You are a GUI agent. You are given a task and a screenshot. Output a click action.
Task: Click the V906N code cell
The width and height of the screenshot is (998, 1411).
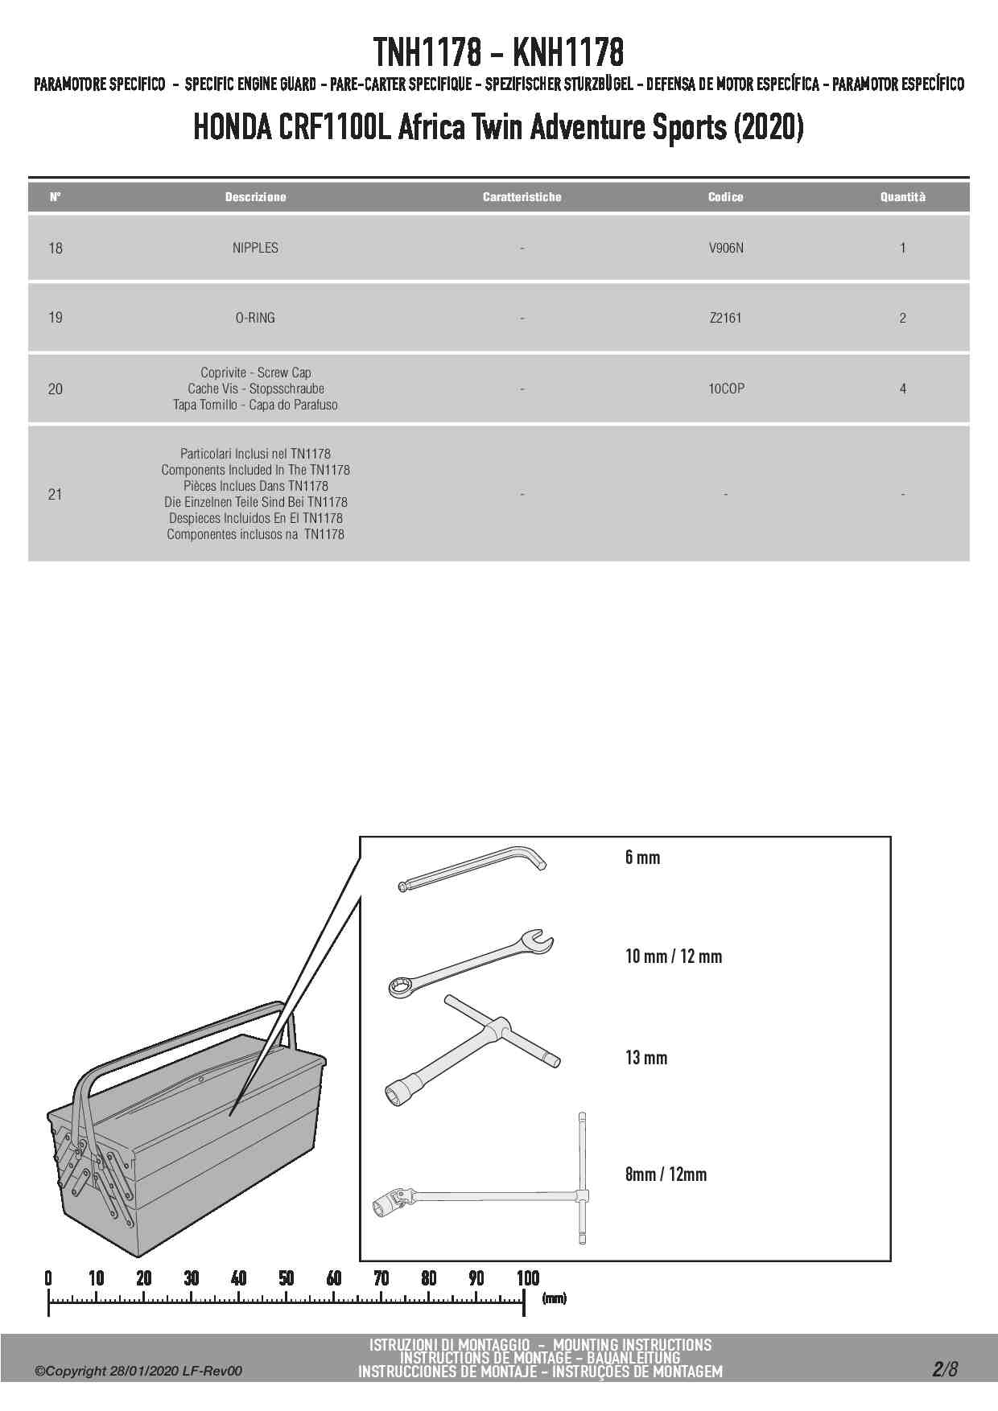tap(725, 248)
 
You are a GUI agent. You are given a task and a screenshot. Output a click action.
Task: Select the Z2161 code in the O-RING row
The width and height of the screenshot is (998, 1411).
tap(725, 318)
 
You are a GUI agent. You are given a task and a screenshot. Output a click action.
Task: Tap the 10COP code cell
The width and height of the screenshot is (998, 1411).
tap(726, 389)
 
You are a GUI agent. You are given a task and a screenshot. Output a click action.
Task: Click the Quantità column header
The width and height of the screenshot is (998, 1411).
tap(902, 197)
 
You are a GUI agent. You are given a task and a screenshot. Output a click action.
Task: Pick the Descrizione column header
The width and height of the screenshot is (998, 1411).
tap(255, 197)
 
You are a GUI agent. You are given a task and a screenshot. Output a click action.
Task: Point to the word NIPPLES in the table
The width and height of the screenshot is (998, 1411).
tap(255, 248)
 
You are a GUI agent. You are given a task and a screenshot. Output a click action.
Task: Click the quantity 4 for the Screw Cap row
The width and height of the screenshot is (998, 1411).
tap(902, 389)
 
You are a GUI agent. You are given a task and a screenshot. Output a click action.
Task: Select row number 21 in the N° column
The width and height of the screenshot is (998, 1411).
tap(55, 494)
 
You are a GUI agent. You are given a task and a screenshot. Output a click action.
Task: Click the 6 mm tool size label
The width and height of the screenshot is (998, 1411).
tap(642, 858)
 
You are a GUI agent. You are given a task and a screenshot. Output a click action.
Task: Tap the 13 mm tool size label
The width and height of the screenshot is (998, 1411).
tap(645, 1058)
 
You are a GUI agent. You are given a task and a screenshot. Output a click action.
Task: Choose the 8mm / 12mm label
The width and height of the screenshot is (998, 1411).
tap(666, 1174)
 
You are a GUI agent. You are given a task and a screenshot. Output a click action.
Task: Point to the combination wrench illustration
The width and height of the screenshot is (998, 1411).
tap(471, 961)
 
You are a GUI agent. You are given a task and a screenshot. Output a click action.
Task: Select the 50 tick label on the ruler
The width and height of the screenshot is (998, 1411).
tap(286, 1277)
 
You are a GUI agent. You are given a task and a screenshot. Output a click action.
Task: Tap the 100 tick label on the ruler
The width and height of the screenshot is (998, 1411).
tap(527, 1277)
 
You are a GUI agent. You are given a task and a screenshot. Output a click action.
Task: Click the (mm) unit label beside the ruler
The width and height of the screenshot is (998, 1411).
tap(554, 1298)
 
